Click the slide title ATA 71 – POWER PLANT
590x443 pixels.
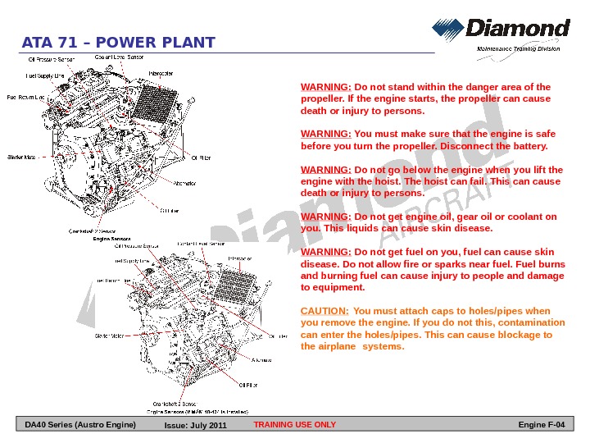click(x=119, y=43)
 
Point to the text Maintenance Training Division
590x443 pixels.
click(x=519, y=49)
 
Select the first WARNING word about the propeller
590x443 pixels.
click(x=326, y=86)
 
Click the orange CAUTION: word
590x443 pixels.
click(x=324, y=311)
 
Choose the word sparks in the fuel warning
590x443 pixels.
click(x=436, y=265)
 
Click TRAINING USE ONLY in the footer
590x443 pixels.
click(x=295, y=425)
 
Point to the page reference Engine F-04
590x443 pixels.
click(x=542, y=425)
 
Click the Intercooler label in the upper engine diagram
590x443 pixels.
click(x=161, y=73)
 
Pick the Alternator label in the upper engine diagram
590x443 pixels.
click(x=184, y=182)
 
